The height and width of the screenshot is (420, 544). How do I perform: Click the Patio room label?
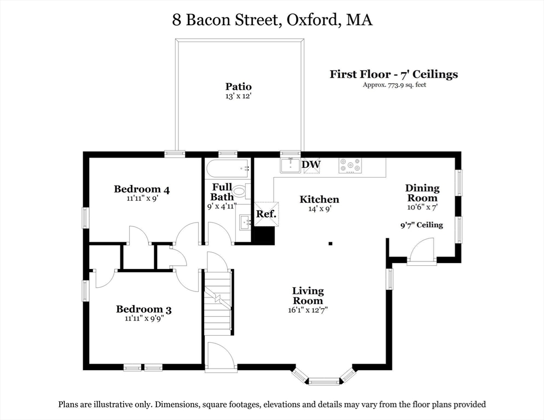[239, 86]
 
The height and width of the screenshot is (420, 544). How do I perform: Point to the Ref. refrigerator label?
[267, 214]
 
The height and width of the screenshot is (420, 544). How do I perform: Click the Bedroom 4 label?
[142, 189]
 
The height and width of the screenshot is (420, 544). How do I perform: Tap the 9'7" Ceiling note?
[421, 225]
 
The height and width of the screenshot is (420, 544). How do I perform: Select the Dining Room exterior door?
[421, 253]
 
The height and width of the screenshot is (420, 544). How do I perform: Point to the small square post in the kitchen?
[330, 244]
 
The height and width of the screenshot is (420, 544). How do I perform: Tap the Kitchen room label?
[319, 200]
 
